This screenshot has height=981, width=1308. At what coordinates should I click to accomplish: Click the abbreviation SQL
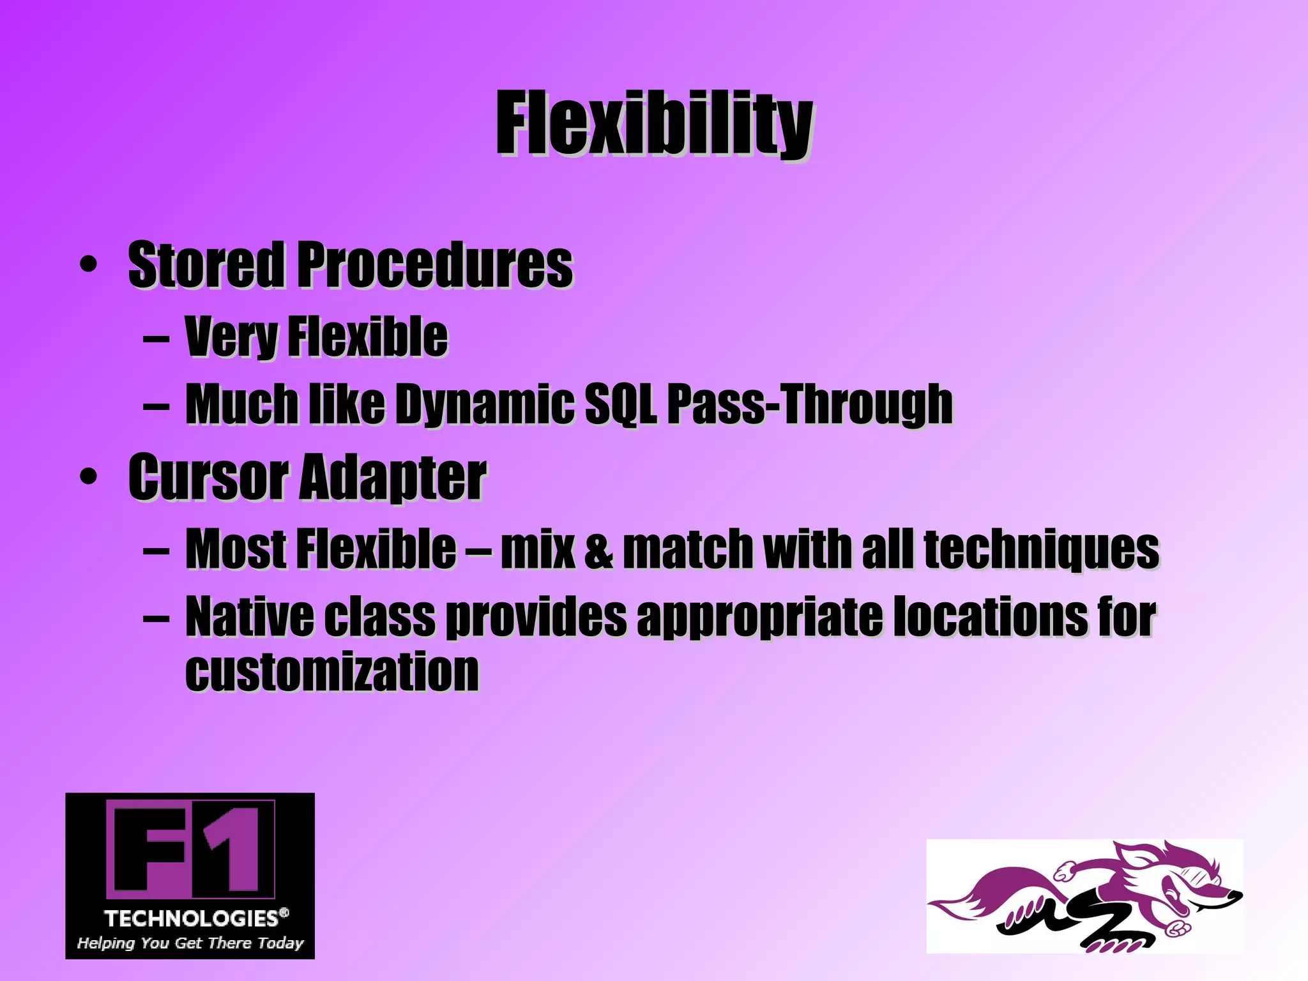pyautogui.click(x=620, y=404)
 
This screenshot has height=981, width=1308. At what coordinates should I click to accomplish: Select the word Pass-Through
pyautogui.click(x=810, y=404)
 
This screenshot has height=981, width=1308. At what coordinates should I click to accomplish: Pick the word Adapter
pyautogui.click(x=393, y=478)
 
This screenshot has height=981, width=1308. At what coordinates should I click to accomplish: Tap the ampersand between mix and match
pyautogui.click(x=598, y=549)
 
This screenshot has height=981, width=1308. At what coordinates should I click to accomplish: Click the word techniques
pyautogui.click(x=1041, y=549)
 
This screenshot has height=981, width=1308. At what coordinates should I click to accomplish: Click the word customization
pyautogui.click(x=332, y=672)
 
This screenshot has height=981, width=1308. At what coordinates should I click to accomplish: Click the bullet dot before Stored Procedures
pyautogui.click(x=89, y=264)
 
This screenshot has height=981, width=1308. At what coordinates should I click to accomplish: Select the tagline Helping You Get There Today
pyautogui.click(x=190, y=943)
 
